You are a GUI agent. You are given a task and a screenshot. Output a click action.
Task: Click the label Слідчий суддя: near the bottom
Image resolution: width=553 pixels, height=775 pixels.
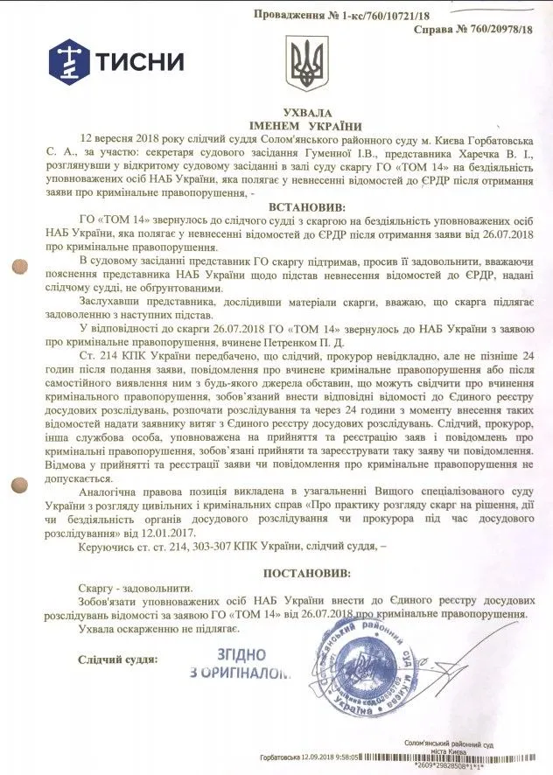117,659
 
